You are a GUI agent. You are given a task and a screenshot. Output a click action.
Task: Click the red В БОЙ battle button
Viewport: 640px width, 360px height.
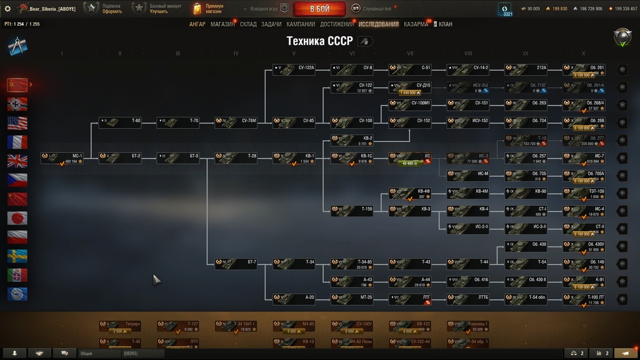(319, 9)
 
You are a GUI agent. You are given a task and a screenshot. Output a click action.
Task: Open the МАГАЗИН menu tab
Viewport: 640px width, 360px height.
(222, 25)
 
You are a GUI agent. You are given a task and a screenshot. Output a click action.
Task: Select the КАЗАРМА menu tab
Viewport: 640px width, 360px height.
(415, 25)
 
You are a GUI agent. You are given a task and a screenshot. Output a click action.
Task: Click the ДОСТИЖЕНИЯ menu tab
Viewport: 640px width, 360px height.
(337, 25)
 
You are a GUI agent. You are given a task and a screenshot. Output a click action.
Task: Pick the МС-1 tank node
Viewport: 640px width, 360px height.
(62, 158)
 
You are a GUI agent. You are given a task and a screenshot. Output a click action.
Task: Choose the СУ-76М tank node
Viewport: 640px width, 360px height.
(236, 121)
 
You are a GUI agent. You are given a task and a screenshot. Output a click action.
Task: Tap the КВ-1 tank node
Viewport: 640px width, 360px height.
(294, 158)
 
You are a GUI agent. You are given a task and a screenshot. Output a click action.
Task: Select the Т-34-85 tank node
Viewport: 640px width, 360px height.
(352, 264)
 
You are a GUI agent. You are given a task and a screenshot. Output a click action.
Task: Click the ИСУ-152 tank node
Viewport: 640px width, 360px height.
(468, 121)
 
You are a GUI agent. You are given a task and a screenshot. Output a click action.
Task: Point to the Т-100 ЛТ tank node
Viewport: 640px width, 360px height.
(584, 299)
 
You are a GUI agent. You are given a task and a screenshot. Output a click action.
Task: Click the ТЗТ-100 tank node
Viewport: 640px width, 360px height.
(584, 194)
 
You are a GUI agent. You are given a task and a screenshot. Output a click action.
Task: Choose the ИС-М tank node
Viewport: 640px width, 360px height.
(468, 176)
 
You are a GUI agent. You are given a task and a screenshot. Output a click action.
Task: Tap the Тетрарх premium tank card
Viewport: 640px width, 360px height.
(120, 326)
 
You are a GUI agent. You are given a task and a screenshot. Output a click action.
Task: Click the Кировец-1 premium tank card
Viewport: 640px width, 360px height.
(468, 326)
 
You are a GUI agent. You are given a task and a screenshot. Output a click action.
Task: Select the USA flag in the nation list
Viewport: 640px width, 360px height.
(17, 123)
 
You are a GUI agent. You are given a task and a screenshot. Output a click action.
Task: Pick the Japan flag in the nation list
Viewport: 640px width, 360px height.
(17, 218)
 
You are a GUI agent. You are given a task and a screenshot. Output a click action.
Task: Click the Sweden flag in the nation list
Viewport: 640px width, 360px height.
(17, 256)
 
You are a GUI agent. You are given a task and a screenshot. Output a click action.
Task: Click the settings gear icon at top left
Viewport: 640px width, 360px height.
(7, 9)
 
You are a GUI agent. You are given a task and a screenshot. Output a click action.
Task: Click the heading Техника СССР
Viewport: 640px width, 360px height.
(319, 42)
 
